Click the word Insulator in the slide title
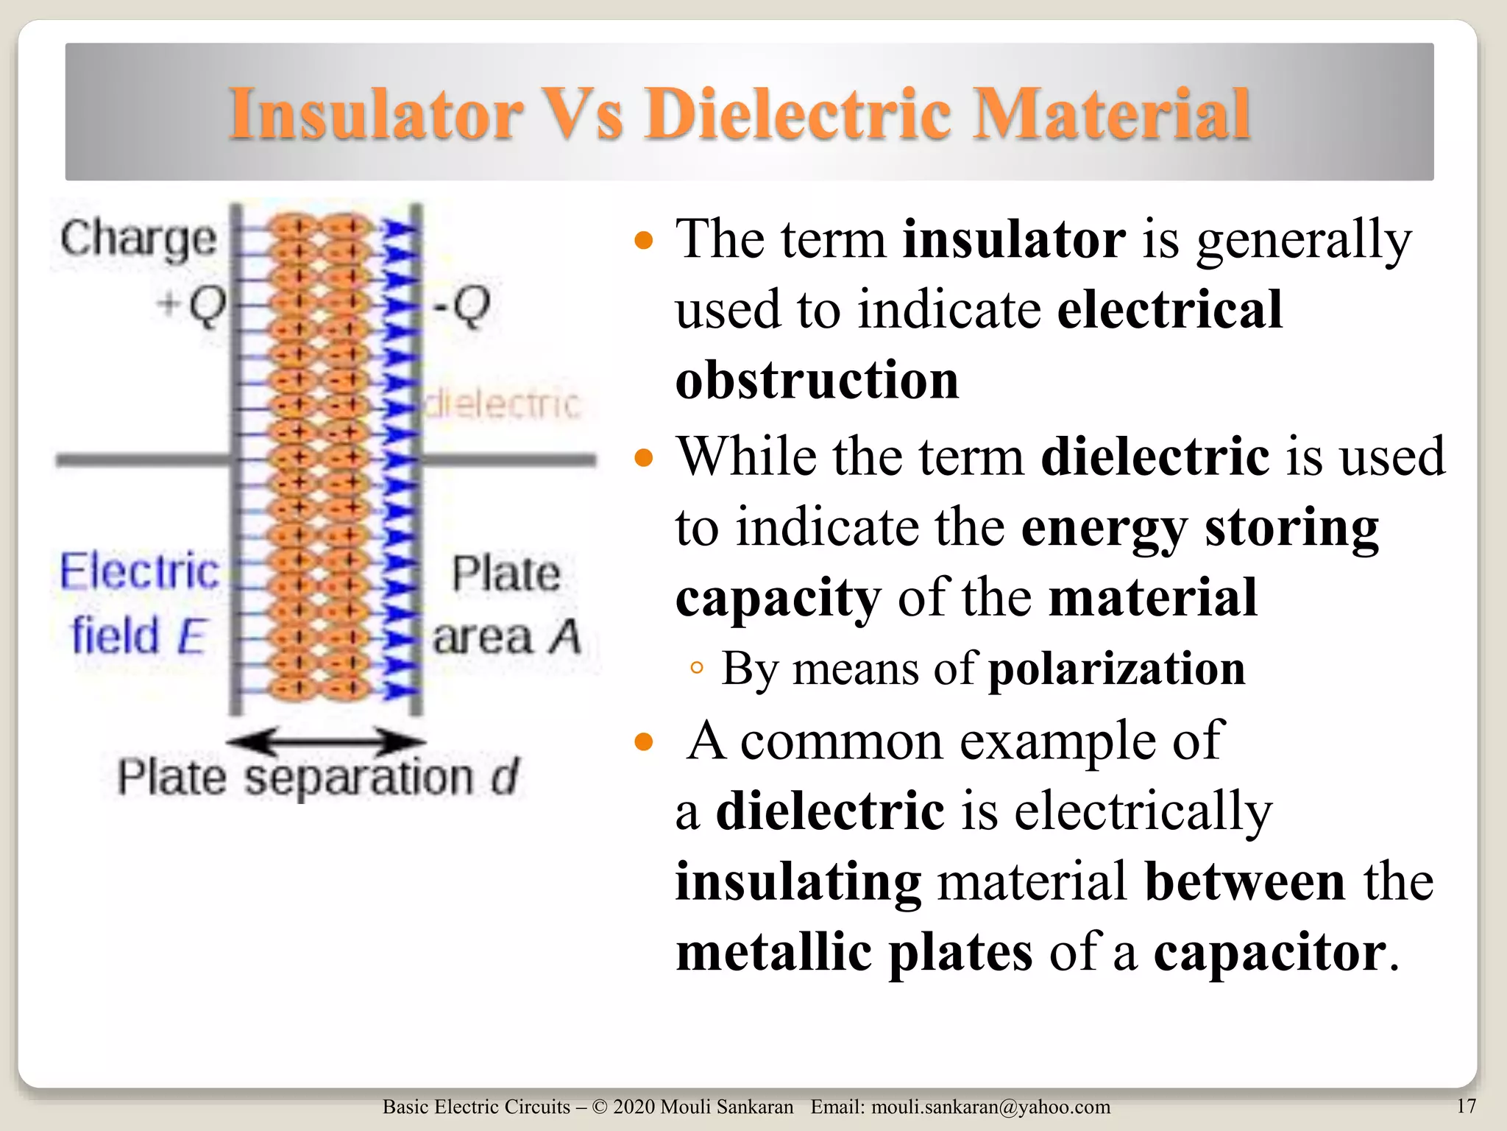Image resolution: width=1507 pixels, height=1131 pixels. pyautogui.click(x=375, y=113)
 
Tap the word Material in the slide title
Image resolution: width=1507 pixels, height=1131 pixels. pyautogui.click(x=1111, y=113)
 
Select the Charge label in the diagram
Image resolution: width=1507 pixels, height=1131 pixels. pyautogui.click(x=138, y=240)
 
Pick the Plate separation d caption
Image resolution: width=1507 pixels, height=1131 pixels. pyautogui.click(x=318, y=778)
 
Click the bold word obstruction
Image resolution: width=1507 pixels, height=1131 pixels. pyautogui.click(x=817, y=380)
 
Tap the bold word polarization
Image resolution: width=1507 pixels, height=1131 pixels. pyautogui.click(x=1116, y=669)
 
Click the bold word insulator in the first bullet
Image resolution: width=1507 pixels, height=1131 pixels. pyautogui.click(x=1014, y=239)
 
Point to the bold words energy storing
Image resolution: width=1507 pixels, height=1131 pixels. pyautogui.click(x=1199, y=527)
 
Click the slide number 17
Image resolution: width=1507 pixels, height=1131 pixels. pyautogui.click(x=1466, y=1106)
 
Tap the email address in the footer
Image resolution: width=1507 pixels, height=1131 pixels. pyautogui.click(x=990, y=1107)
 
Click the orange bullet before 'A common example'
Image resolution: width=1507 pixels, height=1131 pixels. pyautogui.click(x=644, y=742)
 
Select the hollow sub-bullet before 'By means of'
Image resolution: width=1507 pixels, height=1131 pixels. pyautogui.click(x=697, y=669)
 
